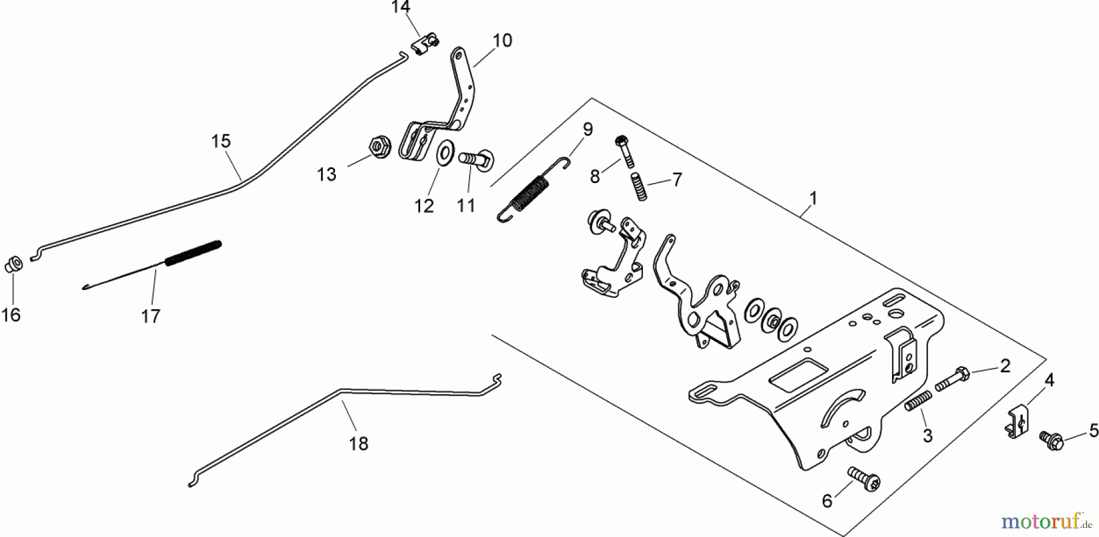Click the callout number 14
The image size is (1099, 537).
401,7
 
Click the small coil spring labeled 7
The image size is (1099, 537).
639,186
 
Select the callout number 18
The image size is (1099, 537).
358,444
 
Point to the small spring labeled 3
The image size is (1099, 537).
919,402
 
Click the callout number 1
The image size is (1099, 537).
813,199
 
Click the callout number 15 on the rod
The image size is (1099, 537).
221,142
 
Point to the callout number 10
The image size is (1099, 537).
502,41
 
